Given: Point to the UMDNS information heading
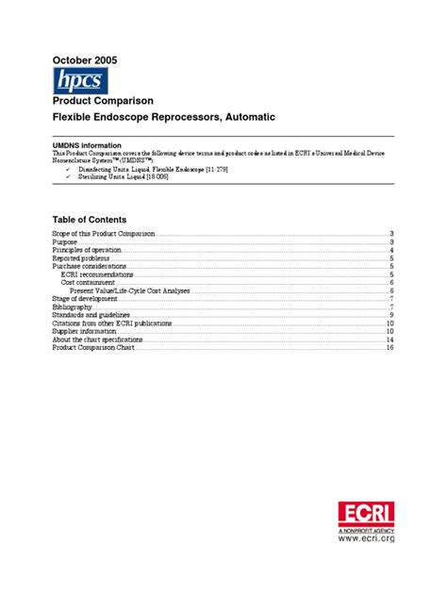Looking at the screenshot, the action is pyautogui.click(x=90, y=142).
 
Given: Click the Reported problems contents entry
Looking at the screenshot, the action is pyautogui.click(x=81, y=258).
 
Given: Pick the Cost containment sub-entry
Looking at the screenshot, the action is pyautogui.click(x=89, y=283).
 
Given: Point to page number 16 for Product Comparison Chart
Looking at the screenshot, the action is pyautogui.click(x=389, y=348).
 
